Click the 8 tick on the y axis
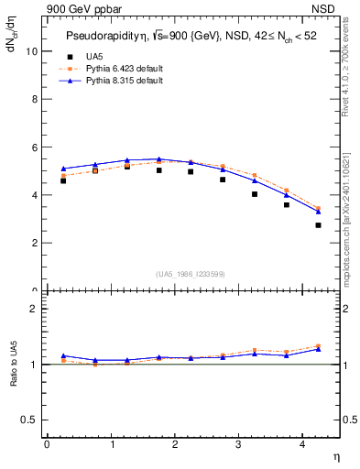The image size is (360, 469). (37, 99)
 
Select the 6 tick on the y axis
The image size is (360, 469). (37, 147)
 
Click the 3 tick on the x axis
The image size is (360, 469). (239, 444)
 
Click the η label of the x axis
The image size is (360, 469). (334, 455)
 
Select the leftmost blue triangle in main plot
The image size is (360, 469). (62, 169)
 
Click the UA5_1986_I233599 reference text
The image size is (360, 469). (190, 275)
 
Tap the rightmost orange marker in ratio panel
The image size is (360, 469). (318, 345)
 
